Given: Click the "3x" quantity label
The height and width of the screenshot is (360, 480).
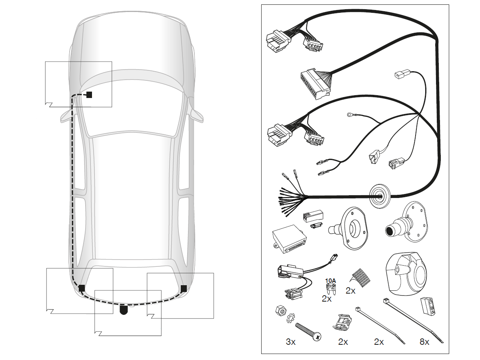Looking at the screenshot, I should tap(290, 342).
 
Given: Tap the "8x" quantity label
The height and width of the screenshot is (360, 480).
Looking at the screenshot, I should tap(424, 342).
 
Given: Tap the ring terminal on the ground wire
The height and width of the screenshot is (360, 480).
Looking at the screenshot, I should tap(351, 116).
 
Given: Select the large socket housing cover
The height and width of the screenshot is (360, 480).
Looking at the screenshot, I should tap(407, 275).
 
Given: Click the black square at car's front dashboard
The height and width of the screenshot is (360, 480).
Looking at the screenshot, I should tap(89, 95).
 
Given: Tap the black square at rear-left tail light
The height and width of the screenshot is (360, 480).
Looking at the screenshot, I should tap(82, 288).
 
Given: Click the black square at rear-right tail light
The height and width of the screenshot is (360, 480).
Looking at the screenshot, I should tap(184, 288).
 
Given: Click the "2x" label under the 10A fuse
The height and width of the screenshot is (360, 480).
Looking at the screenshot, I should tap(327, 298).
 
